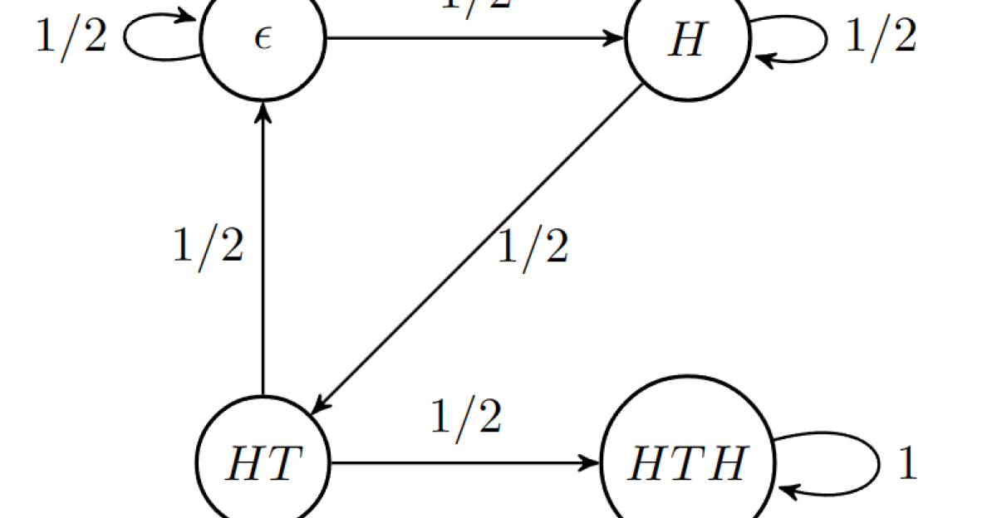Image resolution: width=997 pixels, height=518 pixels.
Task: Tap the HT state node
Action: point(263,462)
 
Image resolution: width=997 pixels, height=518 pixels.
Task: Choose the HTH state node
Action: point(687,462)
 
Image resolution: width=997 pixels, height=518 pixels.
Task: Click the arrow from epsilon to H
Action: point(474,38)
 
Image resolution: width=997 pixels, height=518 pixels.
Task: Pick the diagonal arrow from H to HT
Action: point(474,249)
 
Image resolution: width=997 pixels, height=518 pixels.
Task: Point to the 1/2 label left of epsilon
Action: point(71,37)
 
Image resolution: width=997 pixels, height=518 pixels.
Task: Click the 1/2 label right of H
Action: point(881,37)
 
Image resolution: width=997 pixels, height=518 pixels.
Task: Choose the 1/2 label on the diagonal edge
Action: point(533,247)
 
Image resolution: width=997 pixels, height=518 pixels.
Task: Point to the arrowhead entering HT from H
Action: point(319,406)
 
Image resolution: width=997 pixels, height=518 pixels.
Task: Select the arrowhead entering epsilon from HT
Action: point(263,114)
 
